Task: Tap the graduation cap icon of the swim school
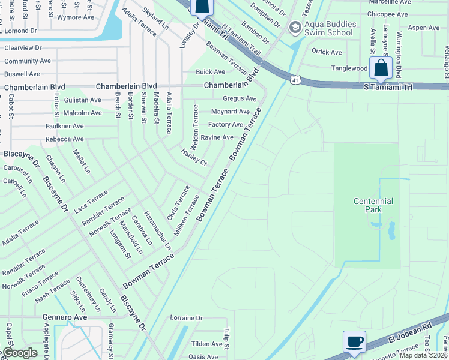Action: pyautogui.click(x=295, y=27)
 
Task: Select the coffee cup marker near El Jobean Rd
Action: pyautogui.click(x=354, y=341)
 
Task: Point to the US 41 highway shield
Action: pyautogui.click(x=294, y=79)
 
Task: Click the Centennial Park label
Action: pyautogui.click(x=373, y=205)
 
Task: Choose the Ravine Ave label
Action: pyautogui.click(x=217, y=137)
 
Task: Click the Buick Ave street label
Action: pyautogui.click(x=210, y=71)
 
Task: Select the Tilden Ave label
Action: pyautogui.click(x=206, y=344)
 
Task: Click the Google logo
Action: pyautogui.click(x=20, y=353)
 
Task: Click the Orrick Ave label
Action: pyautogui.click(x=326, y=52)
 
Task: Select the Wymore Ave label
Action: pyautogui.click(x=75, y=17)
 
